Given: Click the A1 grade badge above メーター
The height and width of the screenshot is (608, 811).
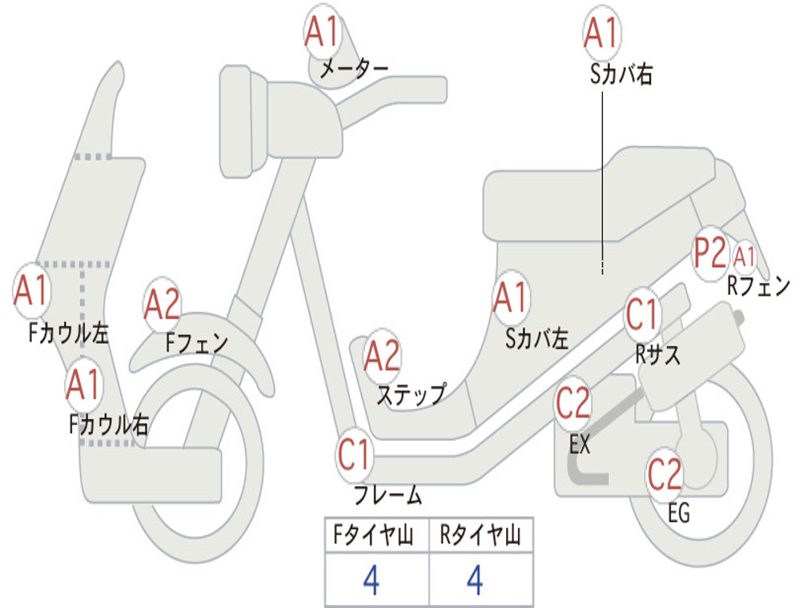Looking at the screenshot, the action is (x=322, y=32).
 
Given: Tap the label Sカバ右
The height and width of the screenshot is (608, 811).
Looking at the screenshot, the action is (x=622, y=74).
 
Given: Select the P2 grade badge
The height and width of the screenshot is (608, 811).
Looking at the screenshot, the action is (x=710, y=254).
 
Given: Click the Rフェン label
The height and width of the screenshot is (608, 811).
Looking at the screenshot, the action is (x=759, y=286).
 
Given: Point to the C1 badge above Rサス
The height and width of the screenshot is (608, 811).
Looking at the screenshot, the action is (x=642, y=315).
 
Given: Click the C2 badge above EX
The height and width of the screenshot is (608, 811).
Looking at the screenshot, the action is (x=573, y=405).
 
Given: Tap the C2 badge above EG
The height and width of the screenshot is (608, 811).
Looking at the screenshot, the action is (x=665, y=473).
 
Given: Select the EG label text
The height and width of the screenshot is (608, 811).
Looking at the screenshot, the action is (x=679, y=513).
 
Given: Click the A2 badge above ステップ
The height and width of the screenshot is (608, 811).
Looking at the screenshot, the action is (x=382, y=356).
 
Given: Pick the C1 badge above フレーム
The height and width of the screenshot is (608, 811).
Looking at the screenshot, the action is (x=355, y=454).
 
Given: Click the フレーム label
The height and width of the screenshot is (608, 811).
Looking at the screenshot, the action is (x=388, y=496).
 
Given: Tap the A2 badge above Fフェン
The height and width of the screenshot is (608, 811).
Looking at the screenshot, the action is (x=162, y=305).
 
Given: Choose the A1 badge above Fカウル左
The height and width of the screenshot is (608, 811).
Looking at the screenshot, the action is (x=32, y=291).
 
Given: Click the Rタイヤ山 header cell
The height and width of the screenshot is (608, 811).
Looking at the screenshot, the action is (x=481, y=537).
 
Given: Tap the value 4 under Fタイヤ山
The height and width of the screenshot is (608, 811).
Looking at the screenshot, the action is (x=371, y=581).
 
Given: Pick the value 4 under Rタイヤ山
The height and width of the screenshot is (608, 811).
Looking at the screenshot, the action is (x=475, y=581).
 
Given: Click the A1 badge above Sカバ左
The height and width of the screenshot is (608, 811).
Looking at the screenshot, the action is (x=511, y=298).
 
